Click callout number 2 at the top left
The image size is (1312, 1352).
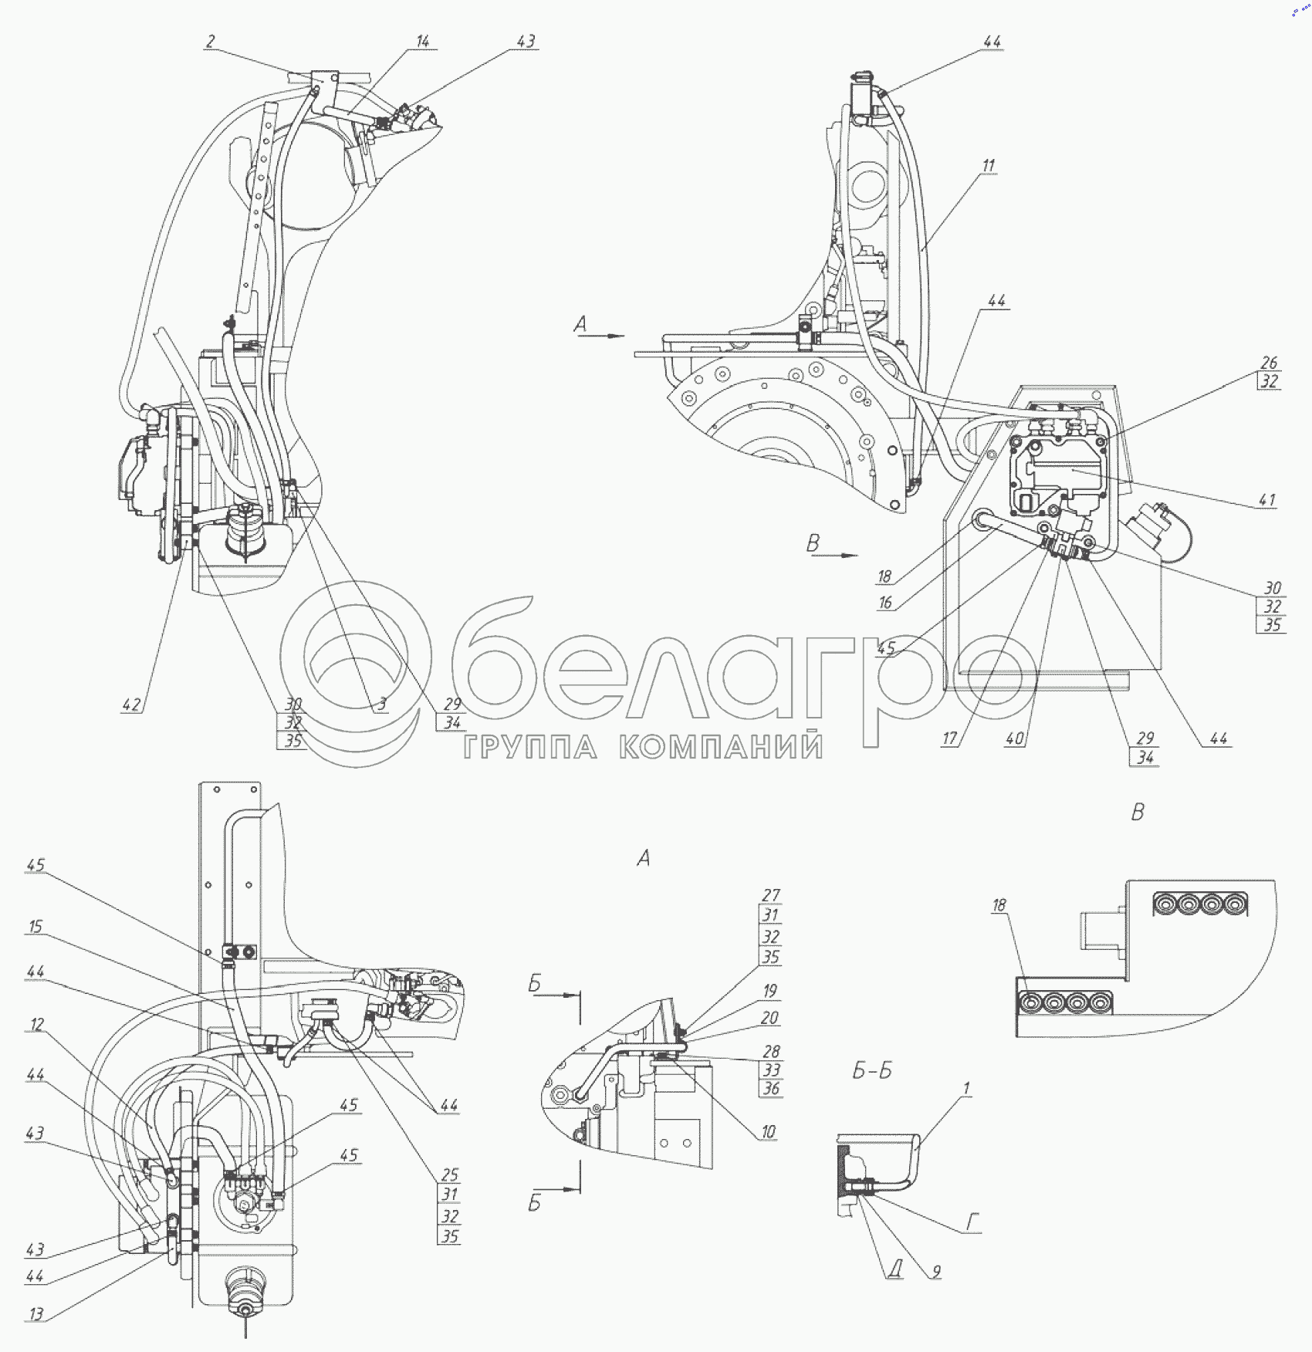coord(210,42)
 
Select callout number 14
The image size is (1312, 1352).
coord(423,42)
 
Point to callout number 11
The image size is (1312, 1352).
coord(989,165)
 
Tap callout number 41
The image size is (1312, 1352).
coord(1267,500)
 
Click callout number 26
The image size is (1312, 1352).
coord(1269,362)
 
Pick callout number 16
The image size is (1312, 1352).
coord(885,603)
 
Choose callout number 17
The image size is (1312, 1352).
coord(950,739)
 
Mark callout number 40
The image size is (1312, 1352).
coord(1014,739)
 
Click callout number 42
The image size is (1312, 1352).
coord(131,705)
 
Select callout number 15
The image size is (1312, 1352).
coord(36,926)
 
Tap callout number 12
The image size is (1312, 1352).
coord(36,1024)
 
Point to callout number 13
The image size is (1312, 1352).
coord(36,1313)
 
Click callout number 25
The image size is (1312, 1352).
coord(450,1175)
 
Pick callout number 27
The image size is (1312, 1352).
coord(771,895)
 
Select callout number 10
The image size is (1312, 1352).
coord(769,1131)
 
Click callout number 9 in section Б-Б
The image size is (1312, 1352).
coord(936,1271)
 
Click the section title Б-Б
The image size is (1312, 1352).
coord(872,1071)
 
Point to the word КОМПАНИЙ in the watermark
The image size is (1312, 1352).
coord(721,747)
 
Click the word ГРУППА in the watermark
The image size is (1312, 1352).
coord(530,747)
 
